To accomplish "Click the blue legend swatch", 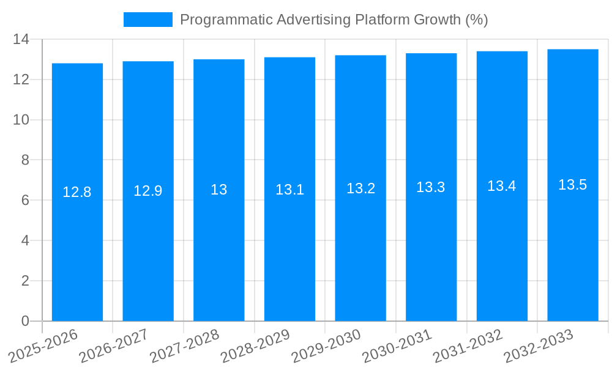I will point(147,20).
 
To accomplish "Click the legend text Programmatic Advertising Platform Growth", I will point(334,20).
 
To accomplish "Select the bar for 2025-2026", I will point(77,245).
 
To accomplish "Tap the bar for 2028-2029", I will point(289,245).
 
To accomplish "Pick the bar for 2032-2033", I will point(573,245).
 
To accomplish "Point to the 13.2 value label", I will point(360,188).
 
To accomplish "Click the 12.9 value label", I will point(148,191).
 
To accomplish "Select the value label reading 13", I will point(219,190).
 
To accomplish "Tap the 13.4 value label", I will point(502,186).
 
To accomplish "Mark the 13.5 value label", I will point(573,185).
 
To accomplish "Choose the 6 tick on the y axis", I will point(25,200).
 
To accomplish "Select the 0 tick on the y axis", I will point(25,321).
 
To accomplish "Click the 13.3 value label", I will point(431,187).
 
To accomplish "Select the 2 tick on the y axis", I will point(25,281).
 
